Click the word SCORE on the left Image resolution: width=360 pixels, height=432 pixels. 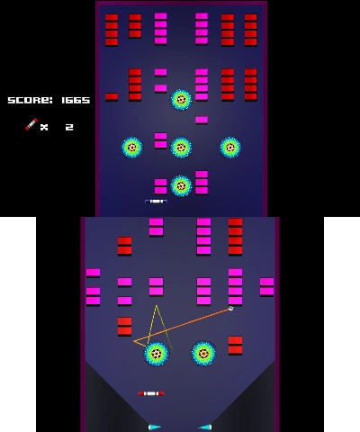tap(30, 100)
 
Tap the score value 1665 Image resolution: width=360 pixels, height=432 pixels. tap(76, 100)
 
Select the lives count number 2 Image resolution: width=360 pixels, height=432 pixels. tap(69, 127)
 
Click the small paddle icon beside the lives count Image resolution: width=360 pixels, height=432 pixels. tap(31, 124)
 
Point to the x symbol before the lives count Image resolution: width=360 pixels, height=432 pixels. tap(44, 128)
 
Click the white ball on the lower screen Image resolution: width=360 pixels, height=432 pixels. tap(230, 309)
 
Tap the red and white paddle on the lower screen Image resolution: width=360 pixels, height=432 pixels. tap(151, 393)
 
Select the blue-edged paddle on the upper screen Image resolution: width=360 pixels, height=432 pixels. tap(156, 202)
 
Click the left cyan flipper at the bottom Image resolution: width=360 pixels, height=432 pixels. tap(155, 427)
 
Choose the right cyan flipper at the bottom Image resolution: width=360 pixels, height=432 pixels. tap(205, 427)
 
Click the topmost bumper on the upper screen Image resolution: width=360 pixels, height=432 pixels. tap(181, 100)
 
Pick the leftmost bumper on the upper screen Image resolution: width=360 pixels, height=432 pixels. tap(132, 148)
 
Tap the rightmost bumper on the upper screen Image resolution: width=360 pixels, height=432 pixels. tap(230, 148)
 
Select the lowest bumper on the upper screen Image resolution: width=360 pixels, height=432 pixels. tap(181, 185)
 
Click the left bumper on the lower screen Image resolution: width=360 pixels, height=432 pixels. tap(157, 354)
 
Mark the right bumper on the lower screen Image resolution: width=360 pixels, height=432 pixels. tap(203, 354)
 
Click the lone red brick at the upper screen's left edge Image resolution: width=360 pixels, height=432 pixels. tap(112, 97)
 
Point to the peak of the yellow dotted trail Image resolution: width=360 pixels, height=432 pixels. tap(157, 306)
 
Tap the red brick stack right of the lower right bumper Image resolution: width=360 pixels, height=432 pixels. tap(235, 346)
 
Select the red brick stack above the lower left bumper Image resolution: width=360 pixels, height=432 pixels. tap(124, 327)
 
